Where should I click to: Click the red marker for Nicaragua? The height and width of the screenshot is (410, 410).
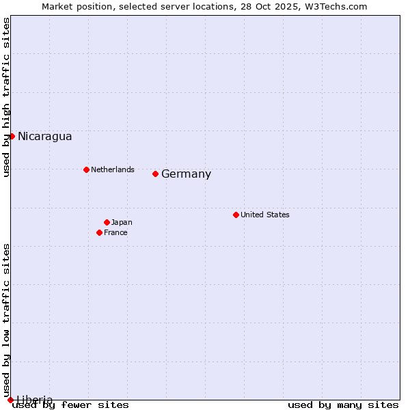coord(12,136)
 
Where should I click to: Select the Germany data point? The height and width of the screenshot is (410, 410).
coord(156,174)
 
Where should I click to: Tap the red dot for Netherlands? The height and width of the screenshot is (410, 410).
coord(86,169)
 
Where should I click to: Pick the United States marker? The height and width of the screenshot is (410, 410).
coord(236,215)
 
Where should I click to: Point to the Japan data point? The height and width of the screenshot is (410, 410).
coord(107,222)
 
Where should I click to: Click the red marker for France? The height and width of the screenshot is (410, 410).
coord(100,232)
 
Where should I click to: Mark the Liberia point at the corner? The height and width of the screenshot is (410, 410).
coord(10,400)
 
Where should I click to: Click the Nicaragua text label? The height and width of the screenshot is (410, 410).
coord(44,136)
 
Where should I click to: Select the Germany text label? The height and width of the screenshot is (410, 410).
coord(186,174)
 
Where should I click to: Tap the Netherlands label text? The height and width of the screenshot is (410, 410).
coord(112,169)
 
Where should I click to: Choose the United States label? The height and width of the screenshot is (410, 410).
coord(264,215)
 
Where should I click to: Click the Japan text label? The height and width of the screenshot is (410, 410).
coord(122,222)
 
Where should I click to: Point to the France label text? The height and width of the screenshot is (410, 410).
coord(115,232)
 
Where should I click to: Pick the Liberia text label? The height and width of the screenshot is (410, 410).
coord(34,400)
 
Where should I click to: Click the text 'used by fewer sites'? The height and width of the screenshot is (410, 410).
coord(70,405)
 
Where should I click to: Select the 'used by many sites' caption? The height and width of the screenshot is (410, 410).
coord(343,405)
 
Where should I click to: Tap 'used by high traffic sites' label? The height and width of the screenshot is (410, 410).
coord(6,97)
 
